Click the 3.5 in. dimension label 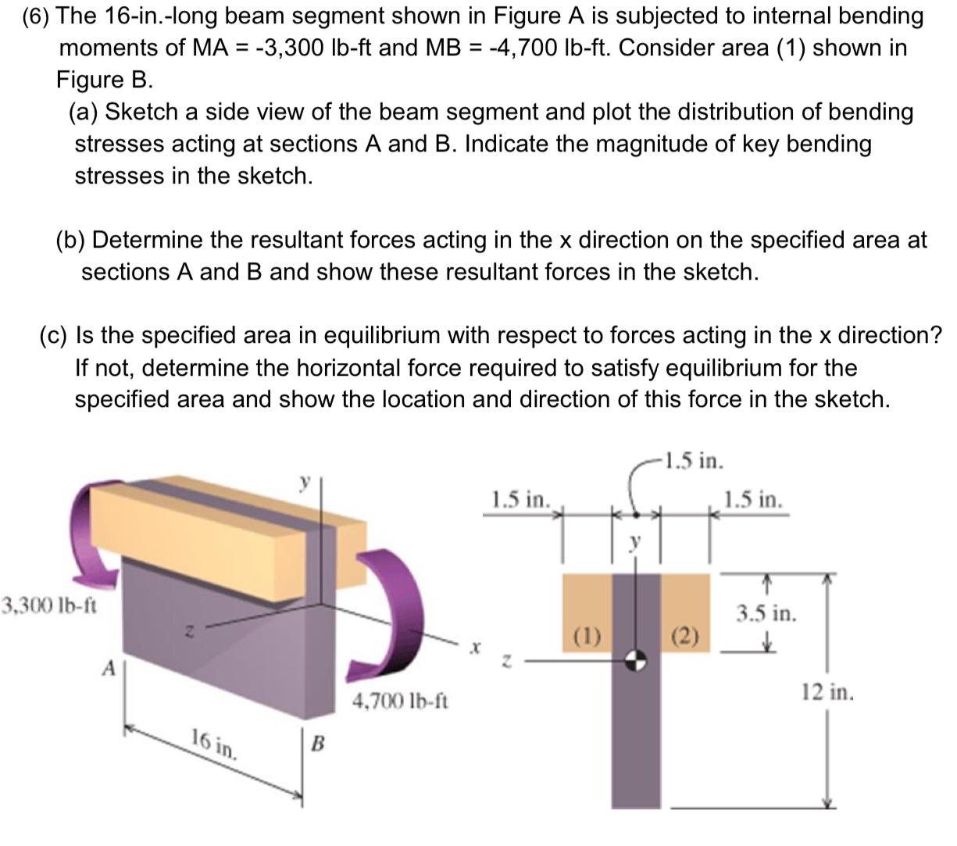click(x=766, y=613)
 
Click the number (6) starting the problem click(x=36, y=16)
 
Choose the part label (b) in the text click(x=71, y=241)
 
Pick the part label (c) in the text click(x=55, y=336)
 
